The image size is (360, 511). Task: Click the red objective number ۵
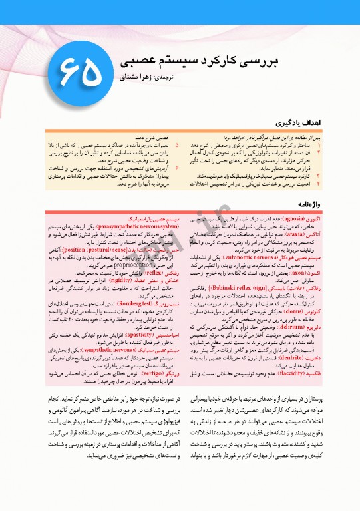pos(176,144)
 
